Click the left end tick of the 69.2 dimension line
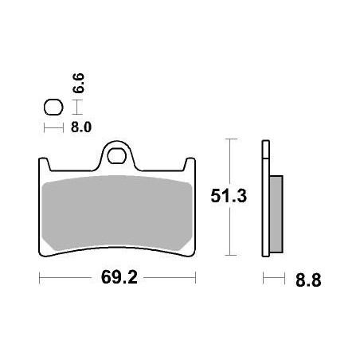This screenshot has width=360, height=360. coord(39,280)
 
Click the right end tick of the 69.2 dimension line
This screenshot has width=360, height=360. coord(195,280)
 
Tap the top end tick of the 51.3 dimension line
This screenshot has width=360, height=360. coord(230,139)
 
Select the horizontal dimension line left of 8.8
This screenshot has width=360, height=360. coord(273,280)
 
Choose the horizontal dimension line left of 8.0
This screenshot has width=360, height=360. coord(53,127)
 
